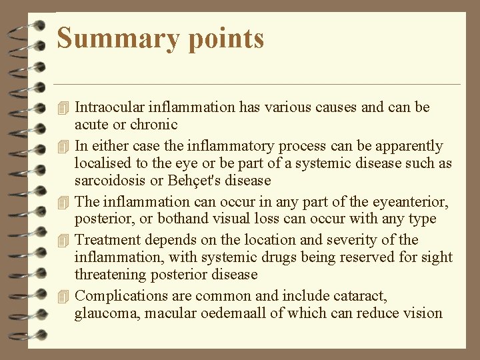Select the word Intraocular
pyautogui.click(x=109, y=107)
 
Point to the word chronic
pyautogui.click(x=156, y=124)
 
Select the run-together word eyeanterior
pyautogui.click(x=404, y=201)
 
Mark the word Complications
pyautogui.click(x=117, y=296)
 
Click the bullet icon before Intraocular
pyautogui.click(x=63, y=107)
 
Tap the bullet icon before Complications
pyautogui.click(x=63, y=296)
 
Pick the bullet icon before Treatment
pyautogui.click(x=63, y=239)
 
